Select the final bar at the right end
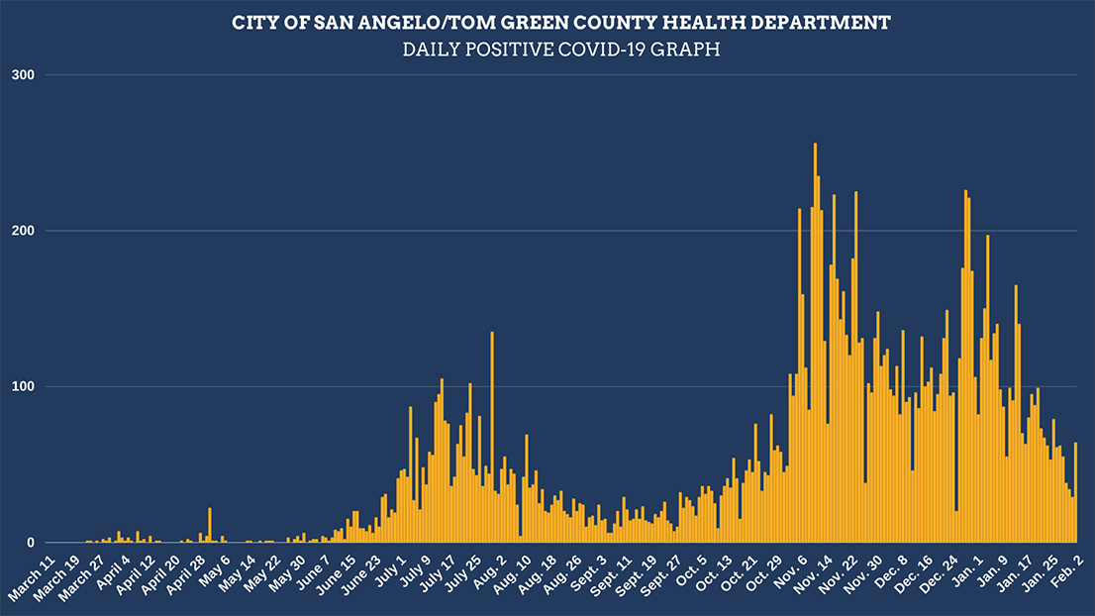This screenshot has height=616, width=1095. click(x=1075, y=495)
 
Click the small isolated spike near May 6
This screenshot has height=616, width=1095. click(x=210, y=526)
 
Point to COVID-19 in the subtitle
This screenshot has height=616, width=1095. click(x=612, y=50)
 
